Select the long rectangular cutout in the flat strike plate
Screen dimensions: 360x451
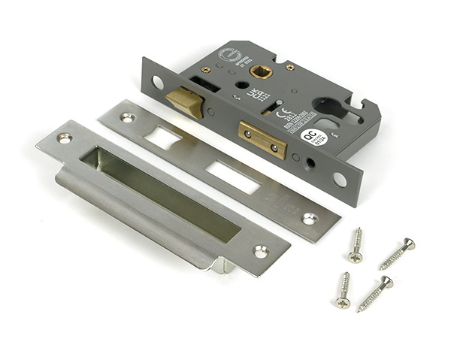click(232, 177)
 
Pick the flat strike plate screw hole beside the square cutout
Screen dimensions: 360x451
click(127, 117)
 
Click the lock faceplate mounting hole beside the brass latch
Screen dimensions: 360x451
click(157, 81)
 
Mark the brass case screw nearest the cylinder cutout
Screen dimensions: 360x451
click(289, 68)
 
